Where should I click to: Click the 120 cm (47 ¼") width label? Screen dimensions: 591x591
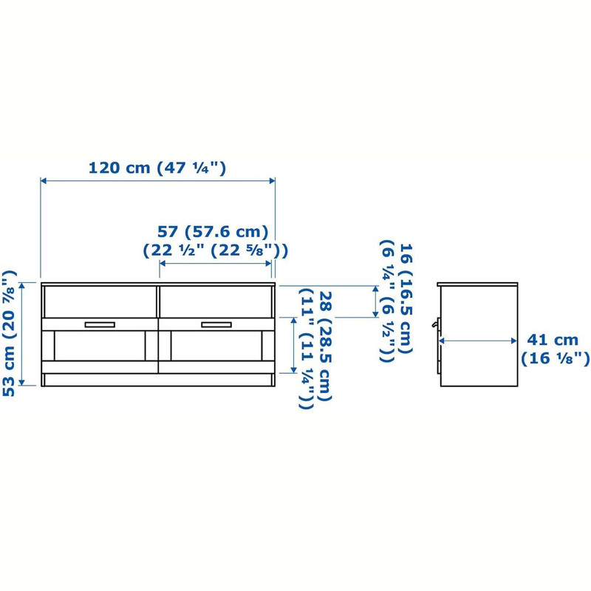[x=157, y=168]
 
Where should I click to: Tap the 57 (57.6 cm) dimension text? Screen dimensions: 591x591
[x=213, y=231]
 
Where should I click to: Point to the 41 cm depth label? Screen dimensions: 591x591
[x=552, y=340]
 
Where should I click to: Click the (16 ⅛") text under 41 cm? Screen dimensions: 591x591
[x=555, y=358]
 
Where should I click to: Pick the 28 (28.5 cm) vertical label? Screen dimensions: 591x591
[x=325, y=346]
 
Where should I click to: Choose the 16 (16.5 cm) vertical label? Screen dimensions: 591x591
[x=406, y=299]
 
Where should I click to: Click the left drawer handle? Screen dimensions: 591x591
[x=100, y=324]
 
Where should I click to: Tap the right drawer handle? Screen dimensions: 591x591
[x=216, y=324]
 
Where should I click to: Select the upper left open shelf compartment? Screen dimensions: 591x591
[x=100, y=302]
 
